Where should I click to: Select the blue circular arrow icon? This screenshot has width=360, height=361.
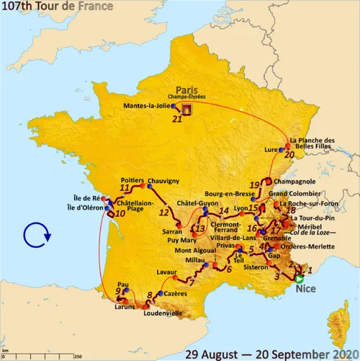point(35,233)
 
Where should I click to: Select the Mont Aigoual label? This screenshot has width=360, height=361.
point(193,251)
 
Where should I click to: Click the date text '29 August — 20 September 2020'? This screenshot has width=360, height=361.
point(270,353)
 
